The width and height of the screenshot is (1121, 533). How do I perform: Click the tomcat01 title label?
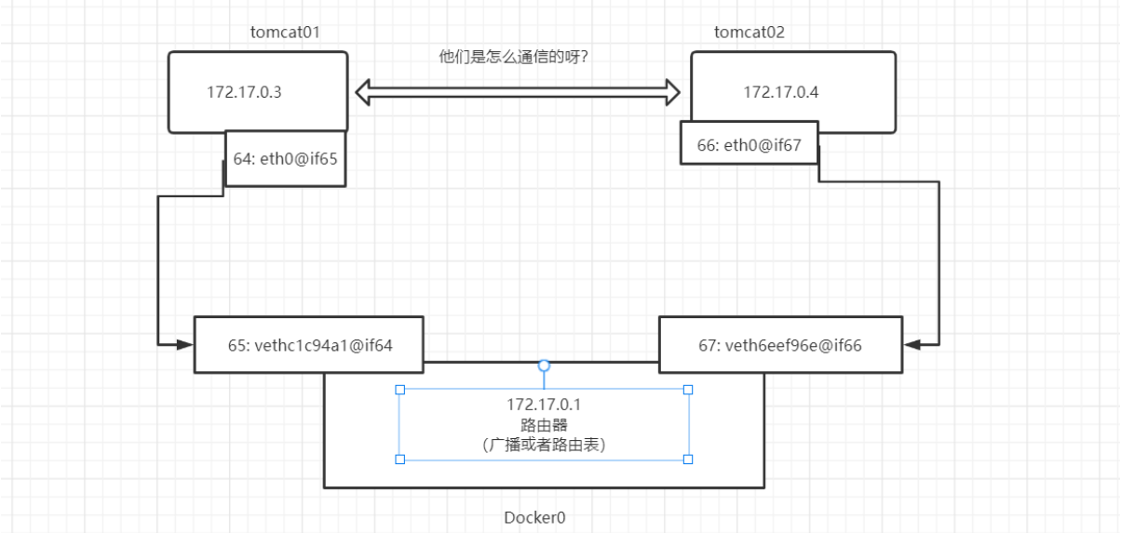pos(285,33)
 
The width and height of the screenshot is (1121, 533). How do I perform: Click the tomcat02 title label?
pos(749,33)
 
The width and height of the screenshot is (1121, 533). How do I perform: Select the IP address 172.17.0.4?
pos(780,93)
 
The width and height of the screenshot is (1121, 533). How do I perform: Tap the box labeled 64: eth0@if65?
pos(285,158)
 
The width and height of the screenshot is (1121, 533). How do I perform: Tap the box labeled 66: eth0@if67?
pos(749,144)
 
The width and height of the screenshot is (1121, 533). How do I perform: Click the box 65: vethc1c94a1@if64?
pos(310,345)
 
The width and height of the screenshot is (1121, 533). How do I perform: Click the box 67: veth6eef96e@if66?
pos(779,345)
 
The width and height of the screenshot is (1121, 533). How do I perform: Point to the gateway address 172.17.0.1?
pos(544,406)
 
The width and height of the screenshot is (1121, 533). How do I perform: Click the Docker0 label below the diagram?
pos(534,517)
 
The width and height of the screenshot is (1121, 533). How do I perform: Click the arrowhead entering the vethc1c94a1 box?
pos(186,345)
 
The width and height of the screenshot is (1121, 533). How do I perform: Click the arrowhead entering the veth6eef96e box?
pos(911,345)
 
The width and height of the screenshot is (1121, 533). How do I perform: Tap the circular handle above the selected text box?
pos(545,366)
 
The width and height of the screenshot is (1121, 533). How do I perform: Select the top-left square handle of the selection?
pos(399,390)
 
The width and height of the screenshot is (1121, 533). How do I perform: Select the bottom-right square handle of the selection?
pos(688,459)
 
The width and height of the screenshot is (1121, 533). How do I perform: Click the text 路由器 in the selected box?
pos(544,425)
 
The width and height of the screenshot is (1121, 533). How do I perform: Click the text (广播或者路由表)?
pos(544,445)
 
